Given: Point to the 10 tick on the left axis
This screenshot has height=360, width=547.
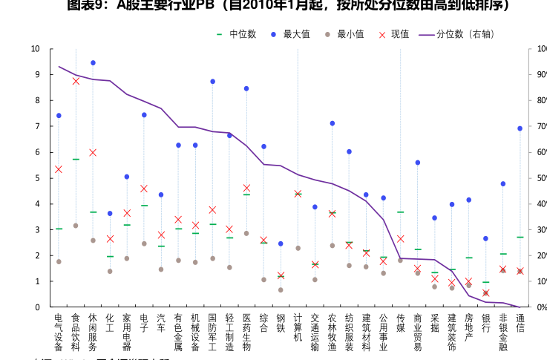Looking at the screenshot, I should pyautogui.click(x=35, y=49).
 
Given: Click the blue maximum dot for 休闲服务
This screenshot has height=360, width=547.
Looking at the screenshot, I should pyautogui.click(x=93, y=63).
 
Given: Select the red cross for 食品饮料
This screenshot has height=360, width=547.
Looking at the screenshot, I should pyautogui.click(x=76, y=81).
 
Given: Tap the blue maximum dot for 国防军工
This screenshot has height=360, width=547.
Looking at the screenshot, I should pyautogui.click(x=212, y=82).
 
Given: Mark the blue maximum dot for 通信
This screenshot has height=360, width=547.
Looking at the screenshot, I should pyautogui.click(x=520, y=128).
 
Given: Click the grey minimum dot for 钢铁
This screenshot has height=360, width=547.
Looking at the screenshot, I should pyautogui.click(x=281, y=289).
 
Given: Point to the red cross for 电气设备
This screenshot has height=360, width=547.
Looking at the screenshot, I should pyautogui.click(x=59, y=169).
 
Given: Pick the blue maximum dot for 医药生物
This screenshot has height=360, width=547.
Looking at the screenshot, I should pyautogui.click(x=246, y=88).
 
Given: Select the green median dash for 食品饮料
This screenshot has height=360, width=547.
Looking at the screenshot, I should pyautogui.click(x=76, y=160).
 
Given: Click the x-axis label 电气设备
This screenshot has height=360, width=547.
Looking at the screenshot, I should pyautogui.click(x=59, y=332).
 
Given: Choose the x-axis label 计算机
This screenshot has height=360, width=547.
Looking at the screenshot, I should pyautogui.click(x=298, y=327).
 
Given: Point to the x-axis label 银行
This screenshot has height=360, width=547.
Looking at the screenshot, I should pyautogui.click(x=485, y=322).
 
